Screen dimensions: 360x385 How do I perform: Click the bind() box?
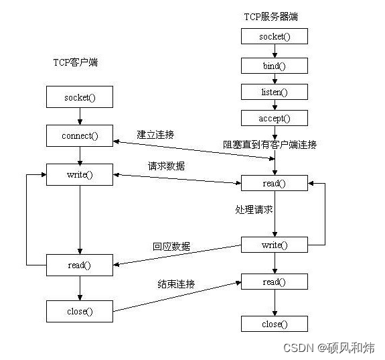tap(275, 66)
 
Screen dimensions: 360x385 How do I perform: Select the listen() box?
tap(275, 92)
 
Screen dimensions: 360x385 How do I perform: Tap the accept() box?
tap(275, 119)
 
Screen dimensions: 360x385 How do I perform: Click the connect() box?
tap(80, 136)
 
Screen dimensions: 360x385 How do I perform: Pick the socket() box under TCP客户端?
tap(80, 98)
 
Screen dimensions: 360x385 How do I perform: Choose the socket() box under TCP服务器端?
tap(275, 37)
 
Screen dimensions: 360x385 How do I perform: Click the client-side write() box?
tap(80, 175)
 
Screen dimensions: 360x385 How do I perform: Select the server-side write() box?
tap(275, 245)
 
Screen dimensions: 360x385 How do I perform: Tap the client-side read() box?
tap(80, 265)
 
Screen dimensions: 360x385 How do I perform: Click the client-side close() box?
tap(80, 310)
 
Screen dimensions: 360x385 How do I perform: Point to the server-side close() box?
tap(275, 324)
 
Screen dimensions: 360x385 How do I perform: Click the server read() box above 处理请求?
tap(275, 184)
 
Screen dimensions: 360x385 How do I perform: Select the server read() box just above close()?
tap(275, 282)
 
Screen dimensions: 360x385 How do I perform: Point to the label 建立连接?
tap(155, 135)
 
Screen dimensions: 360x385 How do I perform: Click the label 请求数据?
tap(166, 166)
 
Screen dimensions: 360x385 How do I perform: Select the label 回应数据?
tap(171, 246)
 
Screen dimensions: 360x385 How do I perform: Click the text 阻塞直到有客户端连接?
tap(269, 144)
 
